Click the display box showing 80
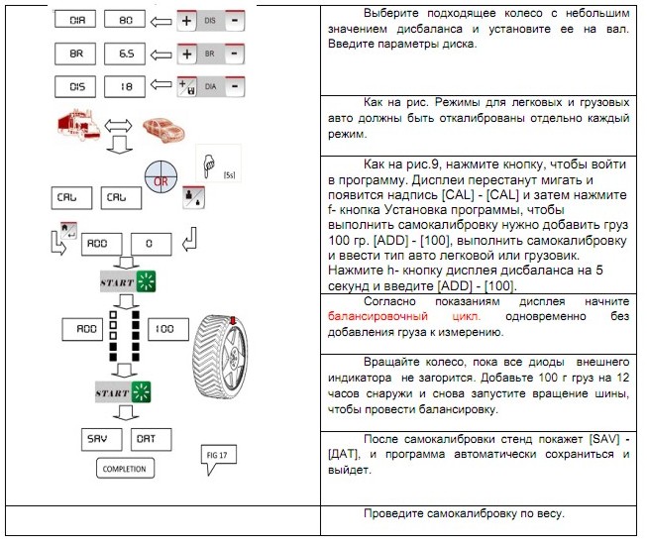(127, 19)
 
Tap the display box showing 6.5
(127, 53)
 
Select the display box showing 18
(127, 86)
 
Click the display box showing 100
(163, 326)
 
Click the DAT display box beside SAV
(147, 437)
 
